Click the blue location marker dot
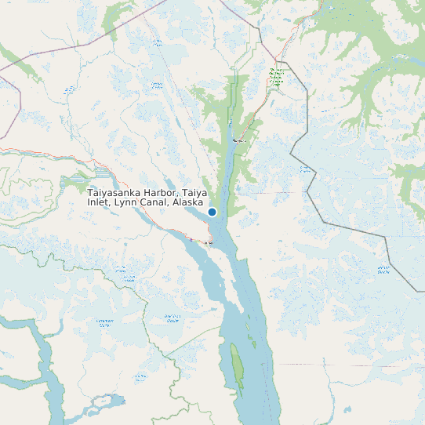(212, 212)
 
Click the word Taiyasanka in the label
(115, 192)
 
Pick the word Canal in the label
(155, 202)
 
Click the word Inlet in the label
(99, 202)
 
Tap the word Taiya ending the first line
(195, 192)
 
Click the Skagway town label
(239, 141)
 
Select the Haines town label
(209, 244)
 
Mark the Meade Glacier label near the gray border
(383, 271)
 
